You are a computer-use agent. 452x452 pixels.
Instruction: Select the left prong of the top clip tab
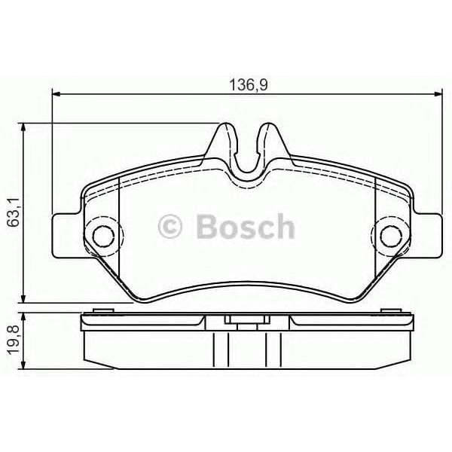point(223,143)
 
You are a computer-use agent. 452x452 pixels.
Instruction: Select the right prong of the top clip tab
point(268,143)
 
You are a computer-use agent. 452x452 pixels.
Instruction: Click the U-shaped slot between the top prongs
point(246,154)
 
